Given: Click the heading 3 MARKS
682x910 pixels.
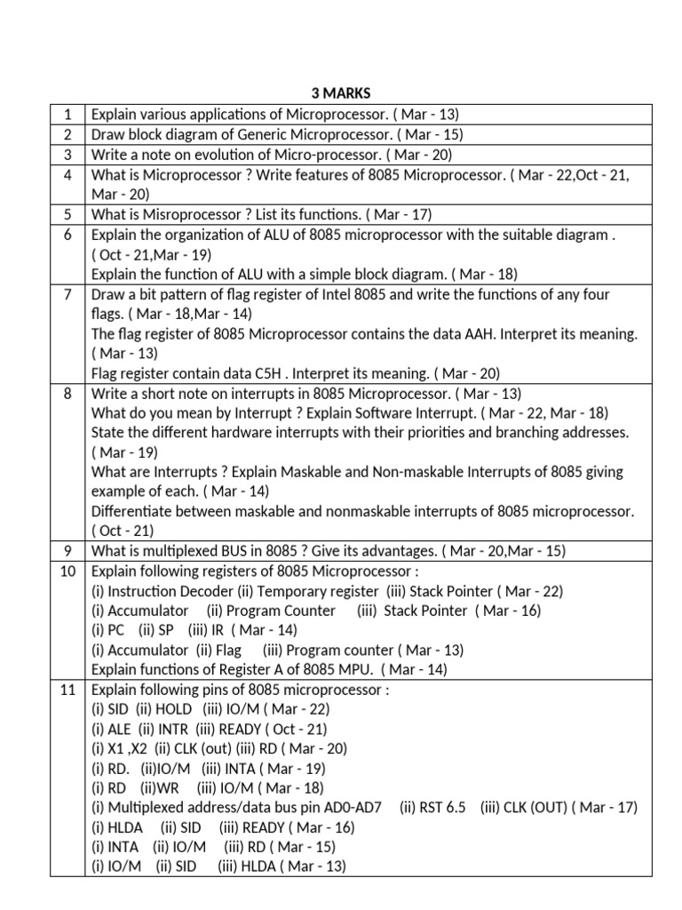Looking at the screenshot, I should click(341, 93).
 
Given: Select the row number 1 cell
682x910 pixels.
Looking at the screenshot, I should click(67, 114).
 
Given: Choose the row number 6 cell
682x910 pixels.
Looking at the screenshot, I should click(67, 235).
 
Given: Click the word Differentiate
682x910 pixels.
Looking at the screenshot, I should click(132, 512).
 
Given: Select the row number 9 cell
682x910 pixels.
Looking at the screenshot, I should click(67, 551).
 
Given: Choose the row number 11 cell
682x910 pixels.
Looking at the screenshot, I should click(67, 690).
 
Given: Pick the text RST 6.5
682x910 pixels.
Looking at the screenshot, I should click(441, 807).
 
